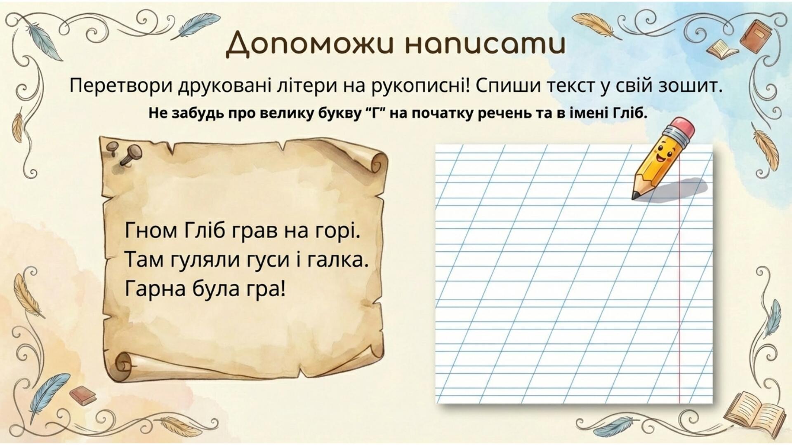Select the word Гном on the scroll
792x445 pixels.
(x=151, y=231)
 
